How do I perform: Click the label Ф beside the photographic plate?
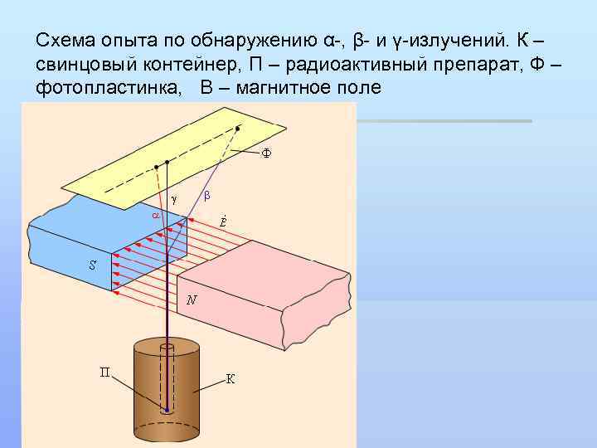pos(267,153)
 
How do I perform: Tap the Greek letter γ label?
pos(173,198)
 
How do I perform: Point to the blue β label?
pos(207,195)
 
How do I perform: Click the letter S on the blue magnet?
pos(93,265)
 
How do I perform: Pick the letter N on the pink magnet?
pos(192,300)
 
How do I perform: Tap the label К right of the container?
pos(231,379)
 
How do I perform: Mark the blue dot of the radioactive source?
pos(167,410)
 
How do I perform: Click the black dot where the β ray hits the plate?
pos(239,129)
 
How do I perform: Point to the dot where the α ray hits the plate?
pos(156,167)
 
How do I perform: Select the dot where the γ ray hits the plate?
pos(167,162)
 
